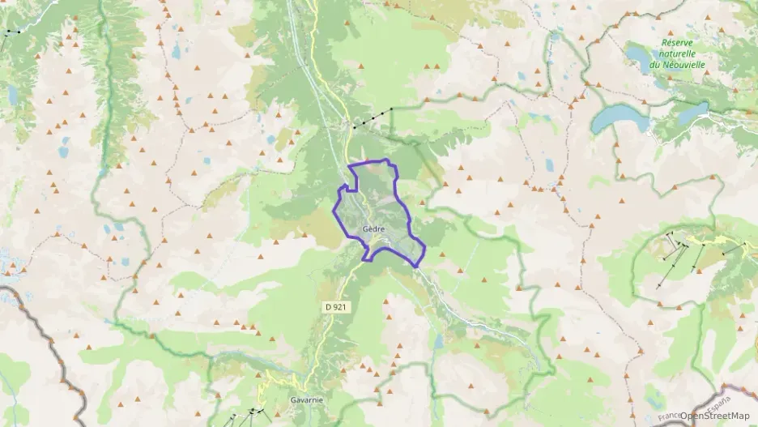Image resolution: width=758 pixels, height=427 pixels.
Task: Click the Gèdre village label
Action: pos(373,228)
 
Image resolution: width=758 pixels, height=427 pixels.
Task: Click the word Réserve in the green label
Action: pos(679,42)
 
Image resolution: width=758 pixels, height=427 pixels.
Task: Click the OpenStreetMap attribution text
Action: pos(716,416)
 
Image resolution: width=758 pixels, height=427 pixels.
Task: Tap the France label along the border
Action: pos(670,415)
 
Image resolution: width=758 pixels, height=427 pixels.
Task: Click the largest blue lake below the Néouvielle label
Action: pos(620,119)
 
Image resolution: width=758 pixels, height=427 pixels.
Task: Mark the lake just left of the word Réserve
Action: pos(640,55)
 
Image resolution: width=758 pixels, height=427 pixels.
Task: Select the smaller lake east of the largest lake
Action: pos(692,113)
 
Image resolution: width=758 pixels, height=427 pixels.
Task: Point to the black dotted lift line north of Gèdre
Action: pos(373,117)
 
